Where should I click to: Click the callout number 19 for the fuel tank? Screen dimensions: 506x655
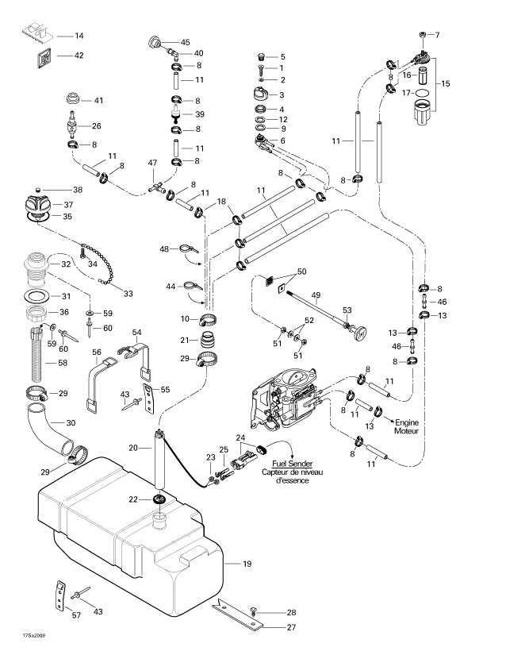(x=247, y=564)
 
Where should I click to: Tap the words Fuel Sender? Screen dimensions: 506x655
(x=292, y=464)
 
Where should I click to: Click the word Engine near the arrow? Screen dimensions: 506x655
(x=407, y=422)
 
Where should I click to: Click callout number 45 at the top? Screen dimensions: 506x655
(x=185, y=42)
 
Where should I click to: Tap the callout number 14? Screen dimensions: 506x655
(x=79, y=36)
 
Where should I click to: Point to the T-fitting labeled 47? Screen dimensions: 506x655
(x=156, y=187)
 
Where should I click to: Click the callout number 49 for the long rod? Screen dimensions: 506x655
(x=316, y=296)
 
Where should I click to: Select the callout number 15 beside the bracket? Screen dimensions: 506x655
(x=446, y=83)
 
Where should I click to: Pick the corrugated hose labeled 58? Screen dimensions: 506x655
(x=37, y=356)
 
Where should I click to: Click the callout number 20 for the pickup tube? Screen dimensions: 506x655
(x=133, y=448)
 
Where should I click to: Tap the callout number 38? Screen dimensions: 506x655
(x=78, y=190)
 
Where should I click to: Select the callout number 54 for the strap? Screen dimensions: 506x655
(x=137, y=332)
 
